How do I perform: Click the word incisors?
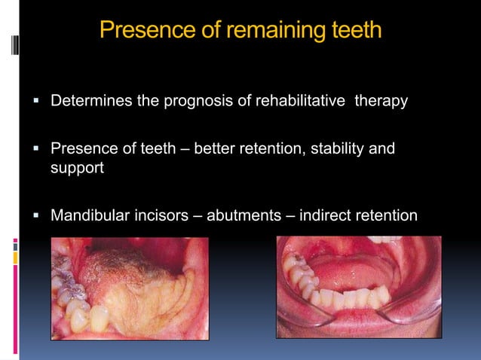158,216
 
